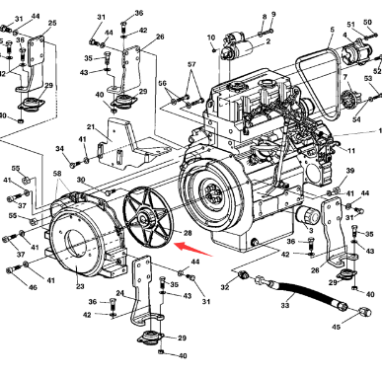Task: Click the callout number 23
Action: point(80,287)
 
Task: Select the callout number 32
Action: point(224,288)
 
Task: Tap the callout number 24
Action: point(119,293)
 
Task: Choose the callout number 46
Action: point(33,287)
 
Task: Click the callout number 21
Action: point(91,127)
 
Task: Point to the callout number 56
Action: point(163,84)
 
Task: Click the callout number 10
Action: point(211,38)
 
